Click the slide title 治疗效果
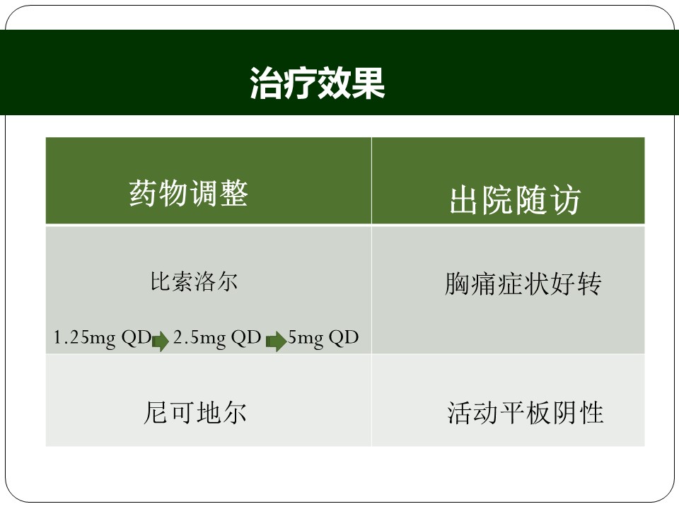[318, 83]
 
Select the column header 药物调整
[188, 193]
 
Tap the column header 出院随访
[515, 200]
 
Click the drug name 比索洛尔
[194, 282]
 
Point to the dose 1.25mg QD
[102, 338]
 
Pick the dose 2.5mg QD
[217, 338]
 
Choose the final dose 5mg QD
[323, 338]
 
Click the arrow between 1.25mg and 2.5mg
[161, 341]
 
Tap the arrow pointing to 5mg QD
[276, 341]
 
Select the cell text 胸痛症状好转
[523, 283]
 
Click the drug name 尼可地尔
[195, 412]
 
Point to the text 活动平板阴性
[526, 412]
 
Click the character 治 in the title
[266, 83]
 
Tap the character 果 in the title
[368, 83]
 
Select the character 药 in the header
[143, 193]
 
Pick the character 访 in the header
[565, 200]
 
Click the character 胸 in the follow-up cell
[458, 283]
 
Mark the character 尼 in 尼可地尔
[156, 412]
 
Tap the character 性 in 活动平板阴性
[591, 412]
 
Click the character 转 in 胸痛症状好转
[589, 283]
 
